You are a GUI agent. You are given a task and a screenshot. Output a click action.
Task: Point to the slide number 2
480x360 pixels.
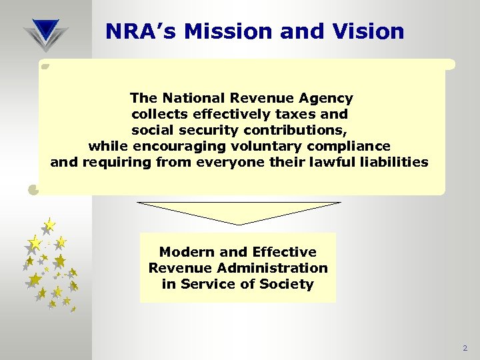465,349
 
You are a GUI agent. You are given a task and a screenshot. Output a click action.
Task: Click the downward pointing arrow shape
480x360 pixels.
239,213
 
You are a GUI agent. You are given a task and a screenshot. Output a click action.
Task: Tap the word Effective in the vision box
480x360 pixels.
283,252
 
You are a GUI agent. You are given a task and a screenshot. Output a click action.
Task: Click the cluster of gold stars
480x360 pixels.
50,263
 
